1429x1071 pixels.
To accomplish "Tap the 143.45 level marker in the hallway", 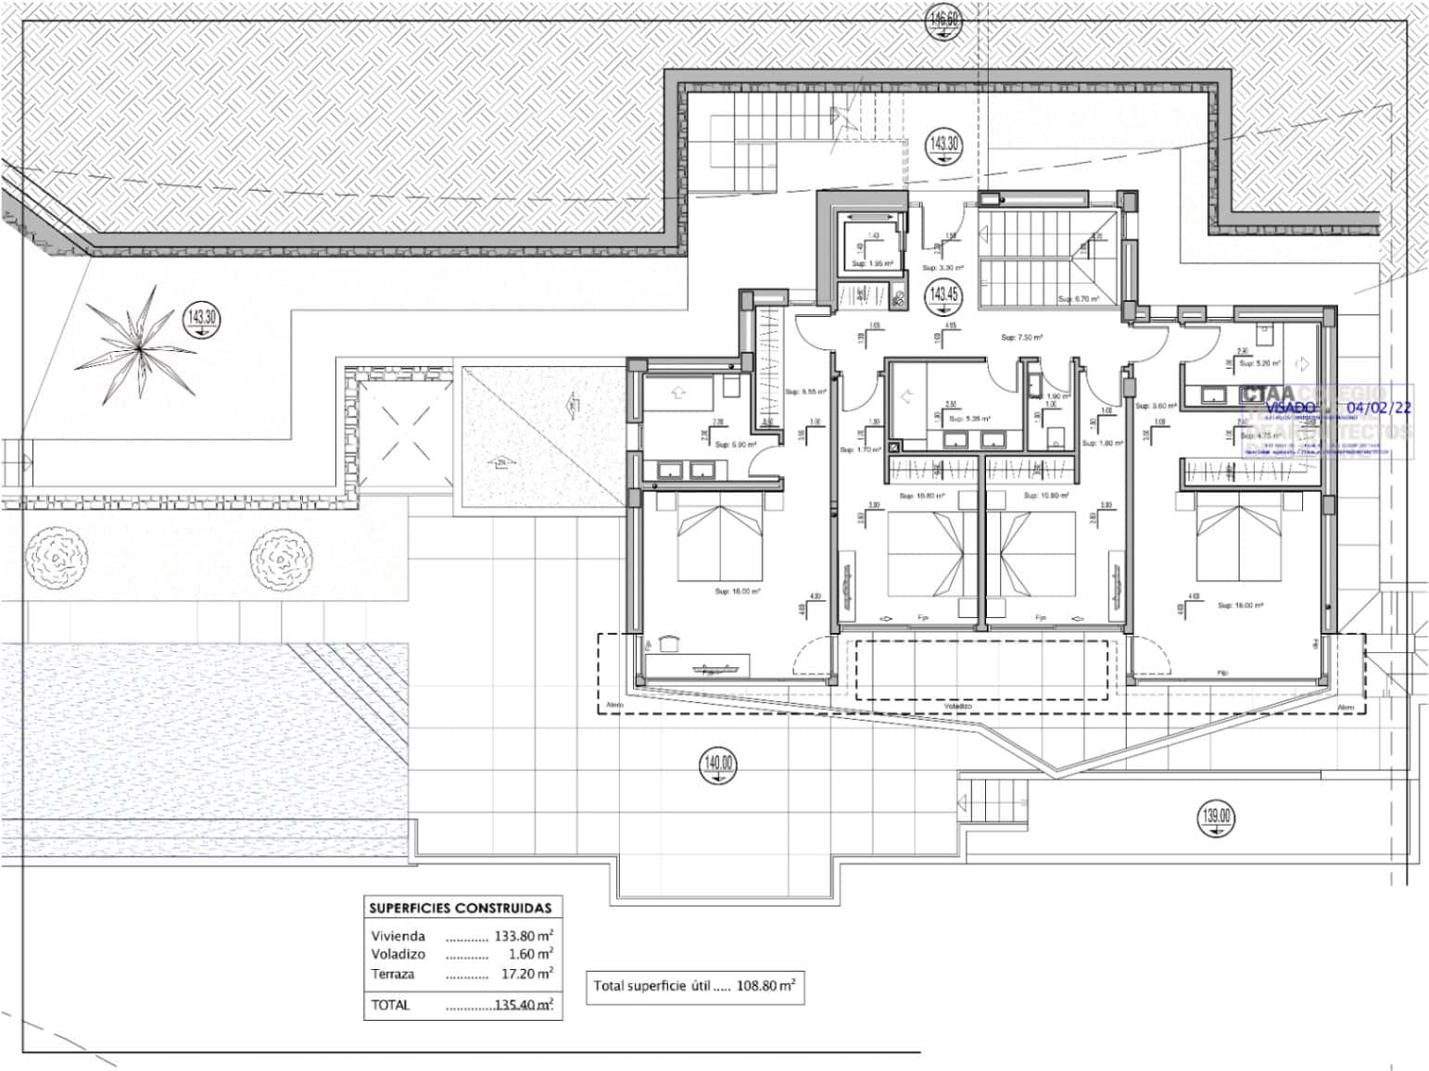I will pos(944,295).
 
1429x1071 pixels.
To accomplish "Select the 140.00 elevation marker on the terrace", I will pos(719,763).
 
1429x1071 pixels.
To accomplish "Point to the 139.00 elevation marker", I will pos(1217,816).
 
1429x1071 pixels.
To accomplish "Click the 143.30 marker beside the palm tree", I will pos(202,318).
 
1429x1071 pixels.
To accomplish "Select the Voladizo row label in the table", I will pos(398,954).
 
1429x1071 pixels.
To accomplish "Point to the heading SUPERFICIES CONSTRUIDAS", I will pos(460,908).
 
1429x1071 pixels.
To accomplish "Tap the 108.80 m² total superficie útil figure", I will pos(765,986).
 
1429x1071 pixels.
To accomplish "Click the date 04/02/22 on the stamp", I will pos(1379,407).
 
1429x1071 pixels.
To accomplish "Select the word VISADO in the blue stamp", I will pos(1290,407).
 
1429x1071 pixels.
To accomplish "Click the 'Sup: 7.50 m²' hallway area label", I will pos(1021,338).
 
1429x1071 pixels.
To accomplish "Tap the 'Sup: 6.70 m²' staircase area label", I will pos(1079,299).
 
